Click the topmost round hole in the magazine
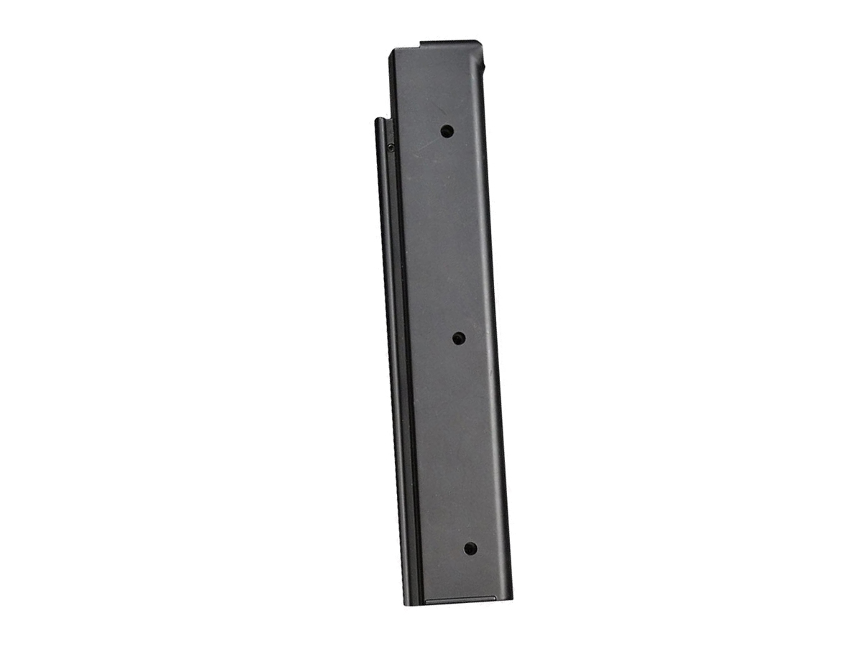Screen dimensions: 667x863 point(447,131)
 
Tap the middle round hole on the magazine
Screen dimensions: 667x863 point(458,338)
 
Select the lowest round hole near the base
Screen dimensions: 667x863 point(470,548)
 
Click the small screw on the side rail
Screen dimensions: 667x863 point(391,147)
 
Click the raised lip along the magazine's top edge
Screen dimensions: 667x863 point(449,43)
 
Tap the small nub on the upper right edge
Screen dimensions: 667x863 point(483,67)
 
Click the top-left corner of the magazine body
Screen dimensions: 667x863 point(392,52)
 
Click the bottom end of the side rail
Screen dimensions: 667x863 point(408,602)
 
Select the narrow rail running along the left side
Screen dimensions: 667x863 point(391,359)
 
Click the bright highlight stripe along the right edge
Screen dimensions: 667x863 point(497,359)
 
